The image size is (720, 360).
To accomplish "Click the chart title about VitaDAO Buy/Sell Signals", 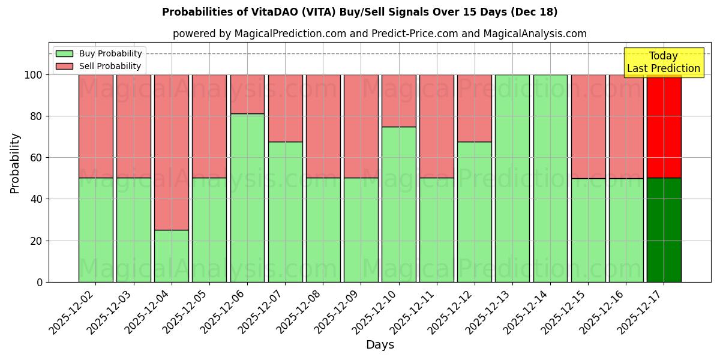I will tap(359, 12).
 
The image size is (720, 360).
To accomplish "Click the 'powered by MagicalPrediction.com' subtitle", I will tap(379, 34).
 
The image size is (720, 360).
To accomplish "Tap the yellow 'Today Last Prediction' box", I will tap(663, 62).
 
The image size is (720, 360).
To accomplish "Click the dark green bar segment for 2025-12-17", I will tap(664, 230).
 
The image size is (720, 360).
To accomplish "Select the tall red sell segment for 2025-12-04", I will tap(172, 152).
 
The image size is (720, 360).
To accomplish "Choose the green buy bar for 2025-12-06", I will tap(247, 197).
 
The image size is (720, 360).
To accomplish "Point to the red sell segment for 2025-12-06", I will tap(247, 94).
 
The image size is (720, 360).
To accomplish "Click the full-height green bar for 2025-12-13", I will tap(512, 178).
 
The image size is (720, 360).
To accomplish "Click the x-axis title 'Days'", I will tap(379, 345).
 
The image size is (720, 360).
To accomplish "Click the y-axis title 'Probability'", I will tap(15, 163).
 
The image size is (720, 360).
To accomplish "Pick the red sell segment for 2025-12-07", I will tap(285, 108).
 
